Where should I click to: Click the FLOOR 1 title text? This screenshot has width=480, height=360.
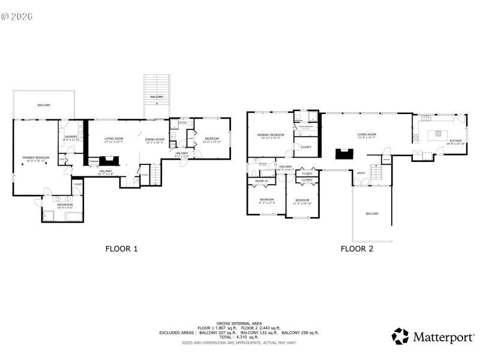(x=122, y=248)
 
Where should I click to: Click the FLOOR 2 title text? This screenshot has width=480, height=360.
(x=357, y=248)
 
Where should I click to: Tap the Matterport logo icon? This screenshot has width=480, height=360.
(x=400, y=336)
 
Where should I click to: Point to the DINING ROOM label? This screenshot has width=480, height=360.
(x=155, y=140)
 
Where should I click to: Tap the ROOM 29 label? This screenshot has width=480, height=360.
(x=262, y=181)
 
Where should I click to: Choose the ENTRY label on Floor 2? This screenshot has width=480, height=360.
(x=361, y=173)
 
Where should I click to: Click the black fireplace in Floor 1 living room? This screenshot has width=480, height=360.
(x=109, y=160)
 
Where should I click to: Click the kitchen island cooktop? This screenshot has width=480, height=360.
(x=438, y=133)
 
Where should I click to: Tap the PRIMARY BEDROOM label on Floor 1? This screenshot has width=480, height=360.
(x=36, y=158)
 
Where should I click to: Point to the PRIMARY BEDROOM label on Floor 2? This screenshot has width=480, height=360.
(x=270, y=136)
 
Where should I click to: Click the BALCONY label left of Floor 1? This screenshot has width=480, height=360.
(x=44, y=105)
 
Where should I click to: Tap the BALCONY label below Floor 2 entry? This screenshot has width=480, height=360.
(x=372, y=214)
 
